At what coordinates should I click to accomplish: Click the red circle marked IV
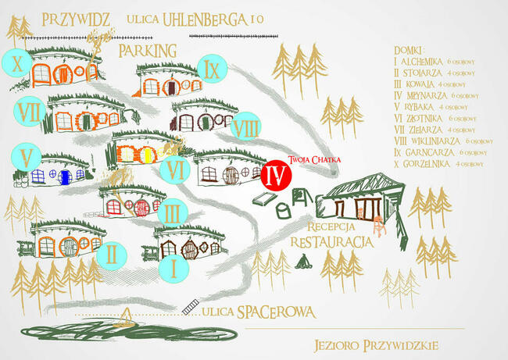274,174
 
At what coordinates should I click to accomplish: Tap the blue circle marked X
16,61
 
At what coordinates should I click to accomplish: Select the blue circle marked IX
211,70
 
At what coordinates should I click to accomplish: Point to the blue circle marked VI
174,167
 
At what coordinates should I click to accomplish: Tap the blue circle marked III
172,211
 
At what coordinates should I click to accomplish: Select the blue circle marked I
174,267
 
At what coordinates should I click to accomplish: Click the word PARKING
148,50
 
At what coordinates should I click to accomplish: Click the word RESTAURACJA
331,242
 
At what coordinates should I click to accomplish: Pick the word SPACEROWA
277,312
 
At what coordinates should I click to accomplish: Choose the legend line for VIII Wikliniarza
443,140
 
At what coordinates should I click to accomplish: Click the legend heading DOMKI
410,48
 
